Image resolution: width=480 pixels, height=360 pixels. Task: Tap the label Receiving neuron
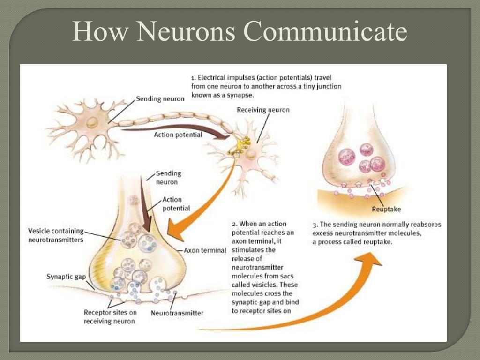pyautogui.click(x=263, y=110)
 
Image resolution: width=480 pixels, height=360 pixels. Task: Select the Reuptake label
pyautogui.click(x=386, y=209)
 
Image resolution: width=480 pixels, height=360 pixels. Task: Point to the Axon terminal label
pyautogui.click(x=205, y=250)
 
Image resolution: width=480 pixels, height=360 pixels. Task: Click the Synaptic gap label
pyautogui.click(x=66, y=277)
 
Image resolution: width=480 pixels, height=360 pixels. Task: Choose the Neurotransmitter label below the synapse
pyautogui.click(x=177, y=313)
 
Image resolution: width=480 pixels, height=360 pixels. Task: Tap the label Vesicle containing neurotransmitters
pyautogui.click(x=56, y=235)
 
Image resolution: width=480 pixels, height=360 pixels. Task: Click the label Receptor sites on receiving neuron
pyautogui.click(x=110, y=316)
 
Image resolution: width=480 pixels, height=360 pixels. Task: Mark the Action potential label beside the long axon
pyautogui.click(x=178, y=135)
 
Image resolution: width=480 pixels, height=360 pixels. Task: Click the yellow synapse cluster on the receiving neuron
pyautogui.click(x=243, y=140)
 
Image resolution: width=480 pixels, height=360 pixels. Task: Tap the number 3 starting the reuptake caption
pyautogui.click(x=315, y=225)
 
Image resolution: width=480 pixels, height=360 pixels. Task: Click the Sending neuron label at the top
pyautogui.click(x=160, y=99)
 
